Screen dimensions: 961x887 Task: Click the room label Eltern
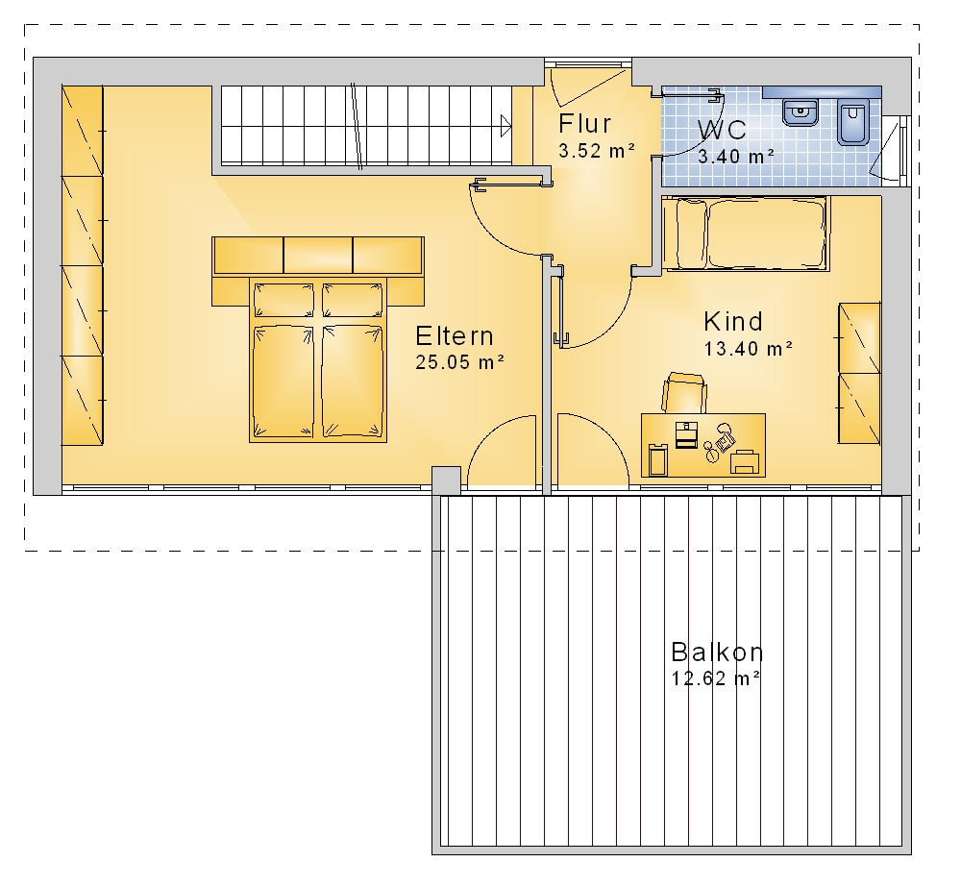pyautogui.click(x=455, y=336)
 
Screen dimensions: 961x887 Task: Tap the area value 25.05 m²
pyautogui.click(x=459, y=362)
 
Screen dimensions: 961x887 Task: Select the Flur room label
pyautogui.click(x=584, y=124)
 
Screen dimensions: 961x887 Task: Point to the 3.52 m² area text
pyautogui.click(x=597, y=151)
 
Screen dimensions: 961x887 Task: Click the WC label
pyautogui.click(x=722, y=130)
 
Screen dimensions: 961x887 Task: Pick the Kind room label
pyautogui.click(x=733, y=321)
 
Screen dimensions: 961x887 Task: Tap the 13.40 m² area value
pyautogui.click(x=749, y=349)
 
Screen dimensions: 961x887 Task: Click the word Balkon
pyautogui.click(x=717, y=653)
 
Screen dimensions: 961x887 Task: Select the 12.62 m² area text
pyautogui.click(x=716, y=678)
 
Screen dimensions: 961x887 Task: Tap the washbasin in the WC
pyautogui.click(x=801, y=111)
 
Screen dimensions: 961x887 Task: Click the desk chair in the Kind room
pyautogui.click(x=684, y=393)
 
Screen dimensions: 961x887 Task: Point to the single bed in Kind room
pyautogui.click(x=746, y=233)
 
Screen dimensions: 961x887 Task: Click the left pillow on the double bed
pyautogui.click(x=283, y=300)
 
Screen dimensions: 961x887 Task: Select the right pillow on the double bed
pyautogui.click(x=353, y=300)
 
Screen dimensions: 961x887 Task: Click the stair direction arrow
pyautogui.click(x=505, y=127)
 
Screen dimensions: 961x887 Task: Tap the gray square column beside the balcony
pyautogui.click(x=446, y=480)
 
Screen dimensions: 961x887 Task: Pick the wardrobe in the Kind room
pyautogui.click(x=859, y=373)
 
